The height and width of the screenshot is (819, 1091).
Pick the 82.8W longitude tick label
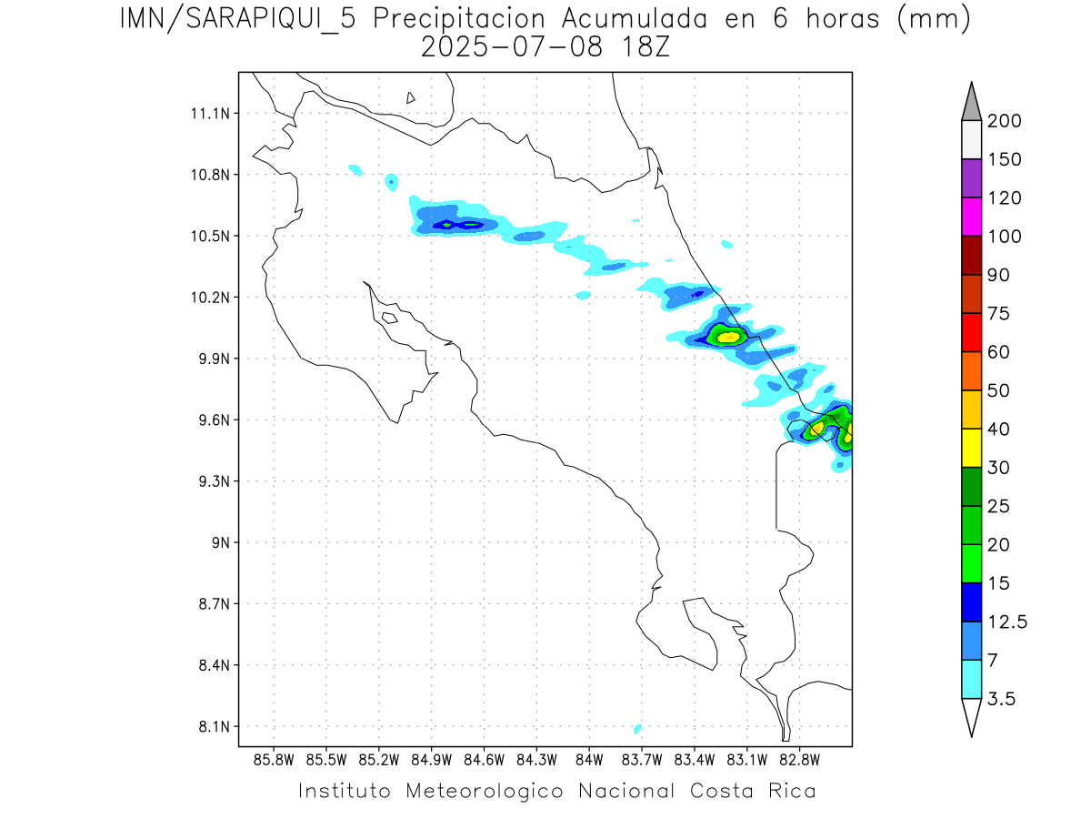click(x=800, y=759)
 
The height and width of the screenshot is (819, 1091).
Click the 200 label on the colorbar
click(x=1004, y=121)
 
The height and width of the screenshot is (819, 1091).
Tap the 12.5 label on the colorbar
click(x=1007, y=622)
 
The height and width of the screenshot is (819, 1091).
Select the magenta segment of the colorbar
click(x=971, y=217)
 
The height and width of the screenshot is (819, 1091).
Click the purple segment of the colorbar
click(x=971, y=178)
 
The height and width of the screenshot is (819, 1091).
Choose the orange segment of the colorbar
click(x=971, y=370)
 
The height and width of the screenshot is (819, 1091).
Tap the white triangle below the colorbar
click(x=971, y=716)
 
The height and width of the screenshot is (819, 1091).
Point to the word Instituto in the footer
click(x=345, y=791)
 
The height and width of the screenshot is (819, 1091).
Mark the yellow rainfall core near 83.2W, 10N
click(x=729, y=338)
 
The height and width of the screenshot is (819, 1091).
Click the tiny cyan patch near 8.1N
click(x=637, y=729)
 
